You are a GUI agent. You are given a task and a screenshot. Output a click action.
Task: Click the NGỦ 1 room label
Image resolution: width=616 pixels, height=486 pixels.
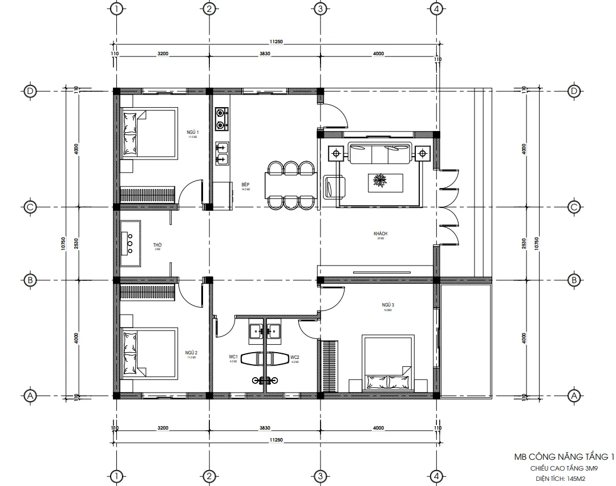pyautogui.click(x=193, y=132)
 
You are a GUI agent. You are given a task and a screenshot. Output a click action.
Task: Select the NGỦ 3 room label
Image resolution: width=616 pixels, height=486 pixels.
pyautogui.click(x=388, y=305)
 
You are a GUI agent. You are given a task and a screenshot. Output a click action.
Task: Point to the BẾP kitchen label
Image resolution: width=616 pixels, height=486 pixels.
pyautogui.click(x=246, y=185)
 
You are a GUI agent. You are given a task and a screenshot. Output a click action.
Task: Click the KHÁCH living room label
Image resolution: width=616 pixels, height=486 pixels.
pyautogui.click(x=380, y=234)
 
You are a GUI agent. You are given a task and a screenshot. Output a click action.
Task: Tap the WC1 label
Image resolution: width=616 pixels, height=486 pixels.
pyautogui.click(x=233, y=358)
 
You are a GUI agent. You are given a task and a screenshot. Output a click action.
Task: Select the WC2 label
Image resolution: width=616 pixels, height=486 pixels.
pyautogui.click(x=295, y=358)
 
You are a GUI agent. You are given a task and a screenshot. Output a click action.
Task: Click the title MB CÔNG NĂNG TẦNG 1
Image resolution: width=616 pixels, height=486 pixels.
pyautogui.click(x=564, y=456)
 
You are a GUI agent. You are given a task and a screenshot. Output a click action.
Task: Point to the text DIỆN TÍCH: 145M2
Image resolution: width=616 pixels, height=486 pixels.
pyautogui.click(x=561, y=479)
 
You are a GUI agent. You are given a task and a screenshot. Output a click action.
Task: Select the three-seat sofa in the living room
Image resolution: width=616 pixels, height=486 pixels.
pyautogui.click(x=380, y=153)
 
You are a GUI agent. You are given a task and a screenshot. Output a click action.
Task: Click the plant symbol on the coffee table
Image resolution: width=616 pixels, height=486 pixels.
pyautogui.click(x=379, y=181)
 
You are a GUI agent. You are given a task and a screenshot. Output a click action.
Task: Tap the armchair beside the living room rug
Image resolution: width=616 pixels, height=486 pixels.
pyautogui.click(x=334, y=187)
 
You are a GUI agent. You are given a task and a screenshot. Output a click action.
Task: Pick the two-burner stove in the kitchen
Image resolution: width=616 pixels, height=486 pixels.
pyautogui.click(x=221, y=117)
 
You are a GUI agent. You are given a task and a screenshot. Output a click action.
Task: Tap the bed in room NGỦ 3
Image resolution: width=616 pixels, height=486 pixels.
pyautogui.click(x=388, y=364)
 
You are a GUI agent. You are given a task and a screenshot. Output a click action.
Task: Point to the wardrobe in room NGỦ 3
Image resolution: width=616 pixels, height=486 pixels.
pyautogui.click(x=330, y=365)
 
